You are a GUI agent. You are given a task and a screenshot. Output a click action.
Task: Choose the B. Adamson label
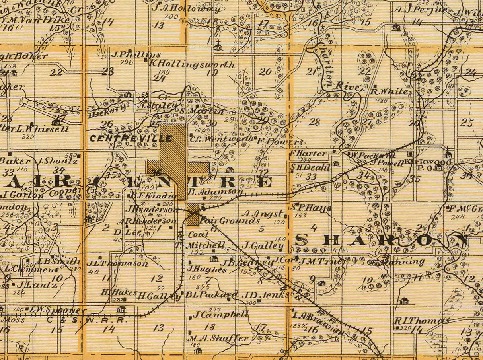tap(215, 191)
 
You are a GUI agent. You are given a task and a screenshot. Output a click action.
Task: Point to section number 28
tap(314, 122)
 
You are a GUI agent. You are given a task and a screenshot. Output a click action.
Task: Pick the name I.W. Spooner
tap(55, 310)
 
